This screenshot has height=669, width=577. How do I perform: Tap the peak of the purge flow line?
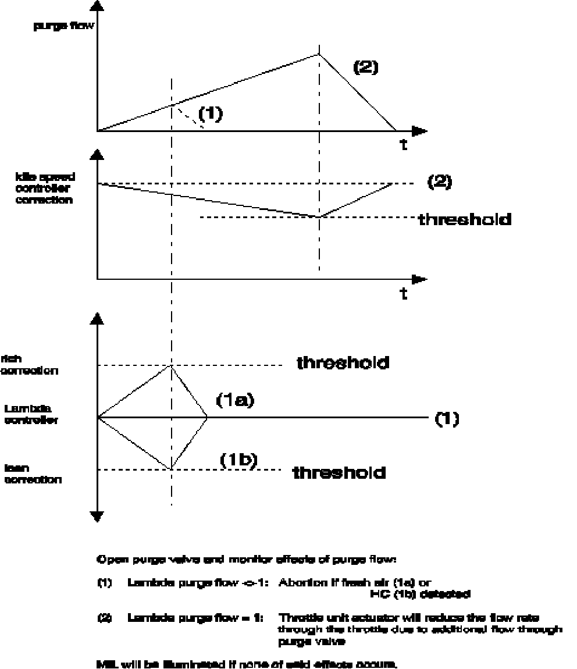[319, 54]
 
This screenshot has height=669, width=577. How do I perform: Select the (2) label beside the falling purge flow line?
[366, 67]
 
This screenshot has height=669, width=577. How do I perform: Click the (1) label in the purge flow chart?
[210, 113]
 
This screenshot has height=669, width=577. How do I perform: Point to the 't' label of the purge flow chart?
[403, 145]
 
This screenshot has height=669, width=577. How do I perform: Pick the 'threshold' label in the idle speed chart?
[465, 219]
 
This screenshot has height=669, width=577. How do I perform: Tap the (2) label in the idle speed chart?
[440, 182]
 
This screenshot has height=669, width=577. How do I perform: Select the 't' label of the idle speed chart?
[403, 294]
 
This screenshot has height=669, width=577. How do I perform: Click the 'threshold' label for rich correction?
[343, 363]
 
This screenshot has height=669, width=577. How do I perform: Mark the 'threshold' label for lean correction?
[339, 472]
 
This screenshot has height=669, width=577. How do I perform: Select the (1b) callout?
[238, 460]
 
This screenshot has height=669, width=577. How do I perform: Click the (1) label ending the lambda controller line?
[447, 419]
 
